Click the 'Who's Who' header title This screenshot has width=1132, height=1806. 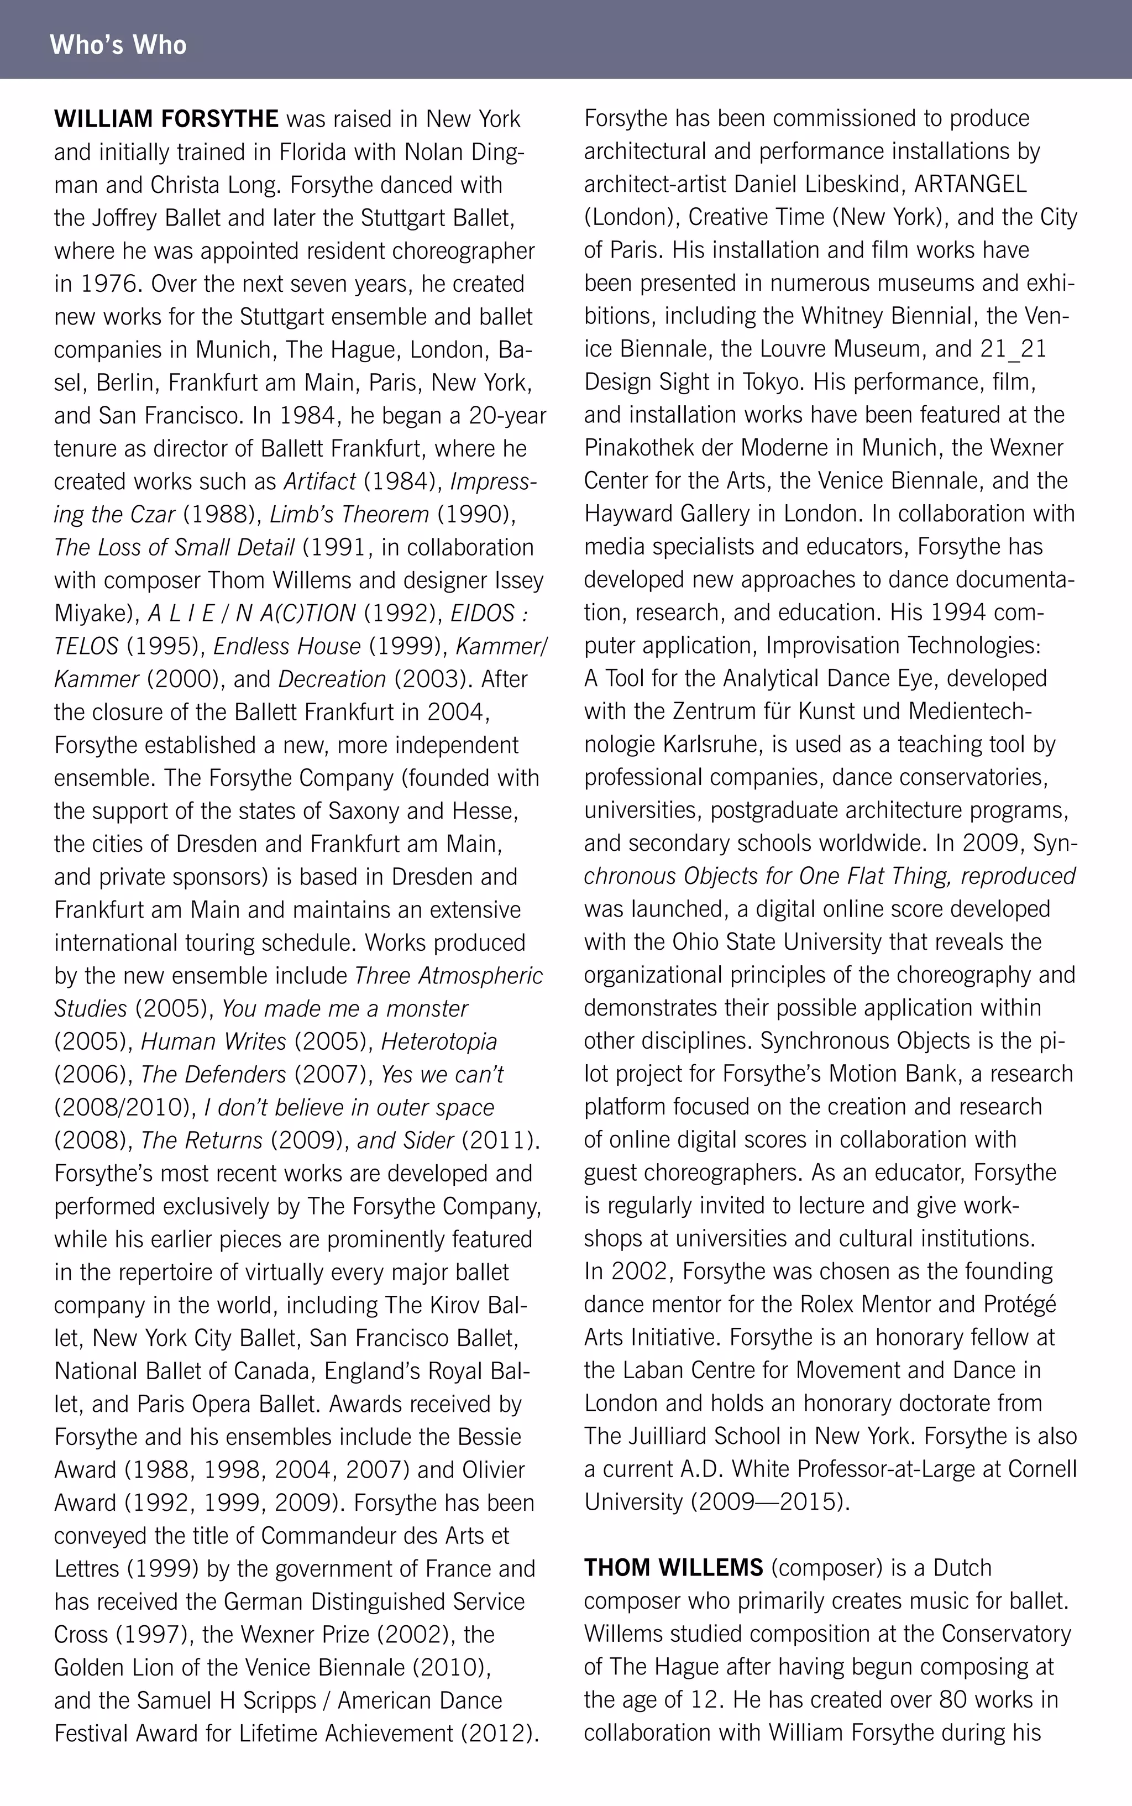[x=118, y=45]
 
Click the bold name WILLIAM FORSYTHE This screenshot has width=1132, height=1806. [x=166, y=119]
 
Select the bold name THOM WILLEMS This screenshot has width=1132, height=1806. [x=673, y=1567]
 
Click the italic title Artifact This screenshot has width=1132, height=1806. [x=319, y=481]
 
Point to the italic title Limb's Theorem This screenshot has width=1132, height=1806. [x=349, y=515]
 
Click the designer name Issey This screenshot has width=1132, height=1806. [x=519, y=580]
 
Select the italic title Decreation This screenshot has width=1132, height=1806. [x=332, y=679]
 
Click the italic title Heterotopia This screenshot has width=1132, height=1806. [x=439, y=1041]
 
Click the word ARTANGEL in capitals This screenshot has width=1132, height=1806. [x=970, y=184]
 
